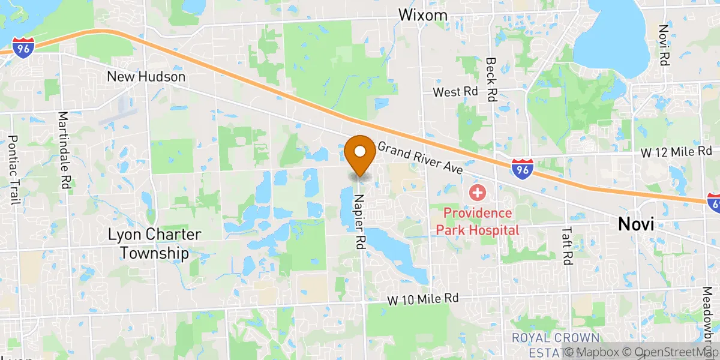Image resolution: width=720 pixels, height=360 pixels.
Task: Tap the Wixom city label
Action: [x=425, y=14]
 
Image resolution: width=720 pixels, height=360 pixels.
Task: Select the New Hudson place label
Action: [x=146, y=77]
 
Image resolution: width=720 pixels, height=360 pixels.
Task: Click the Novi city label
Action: [x=636, y=224]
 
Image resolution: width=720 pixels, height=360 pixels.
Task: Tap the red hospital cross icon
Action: [x=478, y=193]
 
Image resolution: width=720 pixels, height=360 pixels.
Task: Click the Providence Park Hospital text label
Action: [x=478, y=221]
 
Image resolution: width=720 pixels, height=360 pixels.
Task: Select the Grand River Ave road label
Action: [x=420, y=158]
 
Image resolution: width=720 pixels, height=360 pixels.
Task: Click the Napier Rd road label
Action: [x=359, y=221]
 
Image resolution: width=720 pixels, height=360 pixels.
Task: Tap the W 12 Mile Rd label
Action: [x=676, y=152]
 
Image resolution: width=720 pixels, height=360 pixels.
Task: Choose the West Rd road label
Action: [x=455, y=92]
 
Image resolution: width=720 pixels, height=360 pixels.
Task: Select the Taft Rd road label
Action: [x=567, y=245]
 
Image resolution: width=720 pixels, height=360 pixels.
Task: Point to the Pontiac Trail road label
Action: [x=11, y=170]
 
